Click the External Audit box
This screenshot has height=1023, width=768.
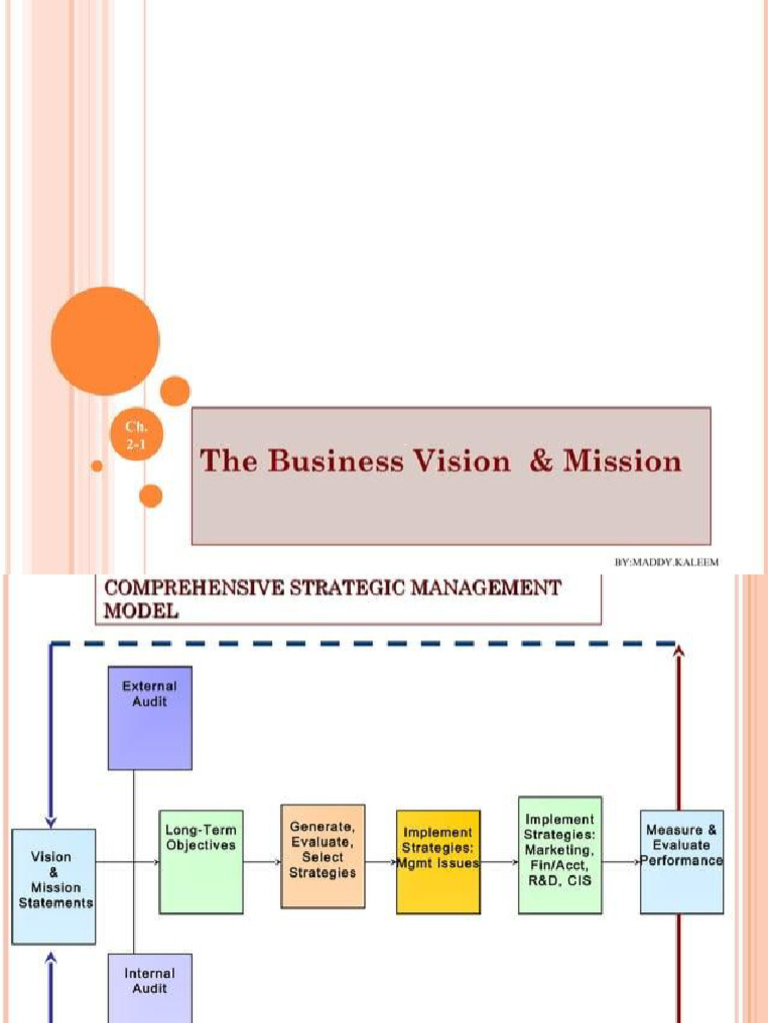click(x=150, y=717)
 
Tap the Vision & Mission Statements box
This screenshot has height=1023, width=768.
click(x=54, y=886)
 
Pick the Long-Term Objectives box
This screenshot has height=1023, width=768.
click(x=200, y=861)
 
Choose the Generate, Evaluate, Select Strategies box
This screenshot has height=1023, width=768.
click(x=323, y=856)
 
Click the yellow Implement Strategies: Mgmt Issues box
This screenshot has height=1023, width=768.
click(x=438, y=861)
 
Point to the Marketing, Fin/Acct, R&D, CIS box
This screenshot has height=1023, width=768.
click(x=560, y=854)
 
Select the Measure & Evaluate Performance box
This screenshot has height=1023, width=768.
click(x=682, y=861)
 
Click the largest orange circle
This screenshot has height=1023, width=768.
click(x=105, y=341)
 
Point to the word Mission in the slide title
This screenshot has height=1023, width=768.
click(x=622, y=462)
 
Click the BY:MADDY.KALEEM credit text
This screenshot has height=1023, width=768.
click(x=666, y=563)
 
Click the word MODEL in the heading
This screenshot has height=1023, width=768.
click(x=141, y=611)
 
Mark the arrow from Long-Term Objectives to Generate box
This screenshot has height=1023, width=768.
click(x=262, y=861)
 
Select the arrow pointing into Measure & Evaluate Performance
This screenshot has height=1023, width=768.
click(x=622, y=861)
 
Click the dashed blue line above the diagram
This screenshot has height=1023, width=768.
click(x=360, y=644)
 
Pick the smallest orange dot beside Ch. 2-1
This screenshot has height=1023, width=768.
click(x=97, y=466)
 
